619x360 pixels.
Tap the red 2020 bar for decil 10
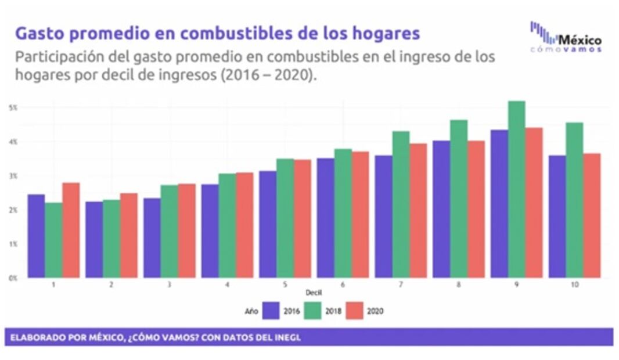592,215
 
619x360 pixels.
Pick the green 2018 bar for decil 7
401,204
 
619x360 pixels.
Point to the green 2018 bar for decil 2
111,239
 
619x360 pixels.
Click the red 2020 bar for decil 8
476,209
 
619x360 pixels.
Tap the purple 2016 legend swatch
271,311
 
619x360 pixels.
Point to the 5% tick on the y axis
13,108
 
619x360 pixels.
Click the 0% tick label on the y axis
13,278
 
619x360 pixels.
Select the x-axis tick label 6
343,285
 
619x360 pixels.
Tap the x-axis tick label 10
574,285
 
